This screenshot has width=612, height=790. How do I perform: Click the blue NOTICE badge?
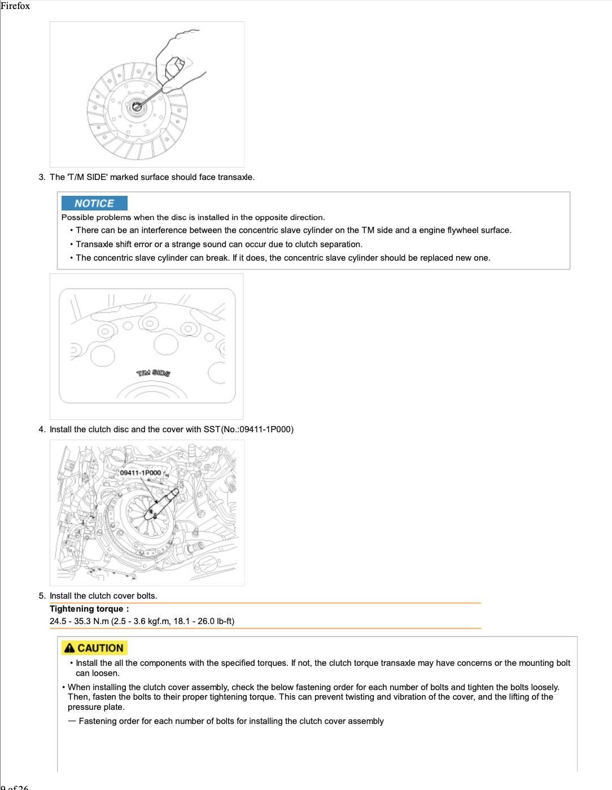point(94,203)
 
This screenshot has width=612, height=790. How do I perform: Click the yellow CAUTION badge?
point(94,648)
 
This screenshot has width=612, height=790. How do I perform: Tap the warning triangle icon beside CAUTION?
point(69,648)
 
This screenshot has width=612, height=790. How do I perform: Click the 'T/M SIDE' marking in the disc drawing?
point(153,373)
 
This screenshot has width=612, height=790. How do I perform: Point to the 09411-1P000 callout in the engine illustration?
point(140,472)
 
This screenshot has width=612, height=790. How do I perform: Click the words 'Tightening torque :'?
point(89,609)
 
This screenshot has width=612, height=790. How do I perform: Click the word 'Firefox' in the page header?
point(15,6)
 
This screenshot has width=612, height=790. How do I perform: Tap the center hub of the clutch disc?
point(136,106)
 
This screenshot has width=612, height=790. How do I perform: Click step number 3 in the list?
point(42,177)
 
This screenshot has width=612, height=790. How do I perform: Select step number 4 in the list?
point(42,429)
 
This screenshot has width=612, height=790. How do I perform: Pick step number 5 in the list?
point(42,596)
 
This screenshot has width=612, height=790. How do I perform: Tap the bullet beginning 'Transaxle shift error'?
point(219,244)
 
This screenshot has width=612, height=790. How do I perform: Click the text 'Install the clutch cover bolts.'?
point(103,596)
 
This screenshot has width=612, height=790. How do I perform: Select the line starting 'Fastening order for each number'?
point(231,721)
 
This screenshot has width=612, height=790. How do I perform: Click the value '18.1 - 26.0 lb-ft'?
point(200,621)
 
